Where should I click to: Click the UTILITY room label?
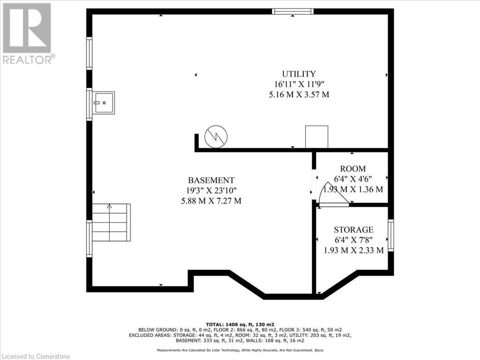tap(299, 74)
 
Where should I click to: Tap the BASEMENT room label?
tap(211, 180)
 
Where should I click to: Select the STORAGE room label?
tap(353, 230)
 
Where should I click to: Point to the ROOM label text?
tap(353, 169)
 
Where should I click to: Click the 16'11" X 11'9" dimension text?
tap(299, 84)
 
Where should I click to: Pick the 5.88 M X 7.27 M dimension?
tap(211, 201)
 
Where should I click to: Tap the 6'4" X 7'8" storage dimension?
tap(353, 240)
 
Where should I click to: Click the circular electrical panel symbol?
tap(216, 137)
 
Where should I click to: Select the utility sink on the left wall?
tap(104, 103)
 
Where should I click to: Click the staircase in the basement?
tap(112, 222)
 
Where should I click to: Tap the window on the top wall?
tap(293, 11)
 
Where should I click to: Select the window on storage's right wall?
tap(391, 235)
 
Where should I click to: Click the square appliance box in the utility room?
tap(316, 137)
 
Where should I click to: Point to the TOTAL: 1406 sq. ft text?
tap(240, 324)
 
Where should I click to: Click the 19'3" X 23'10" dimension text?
tap(211, 190)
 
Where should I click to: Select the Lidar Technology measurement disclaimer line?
tap(240, 350)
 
